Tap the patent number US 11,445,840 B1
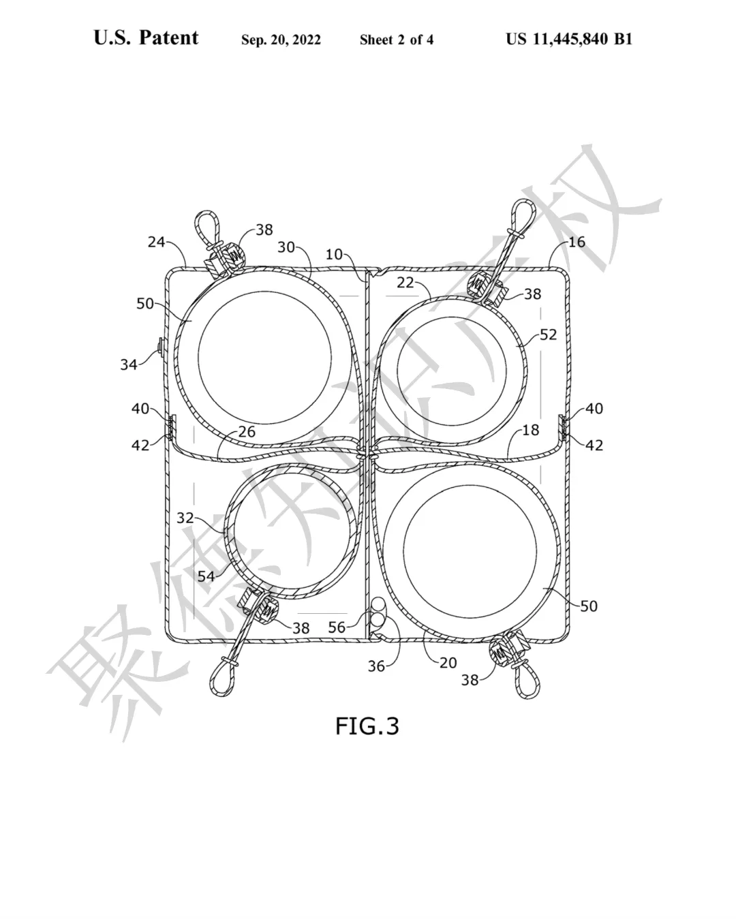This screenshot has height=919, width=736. coord(568,40)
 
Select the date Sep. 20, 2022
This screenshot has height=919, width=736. coord(281,40)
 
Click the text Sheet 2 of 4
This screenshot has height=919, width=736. coord(397,40)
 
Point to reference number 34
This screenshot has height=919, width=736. coord(129,364)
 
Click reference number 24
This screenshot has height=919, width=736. coord(156,242)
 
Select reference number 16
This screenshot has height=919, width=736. coord(577,242)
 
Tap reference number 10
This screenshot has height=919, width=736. coord(334,255)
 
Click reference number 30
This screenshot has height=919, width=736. coord(286,247)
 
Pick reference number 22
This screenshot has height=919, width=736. coord(405,282)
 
